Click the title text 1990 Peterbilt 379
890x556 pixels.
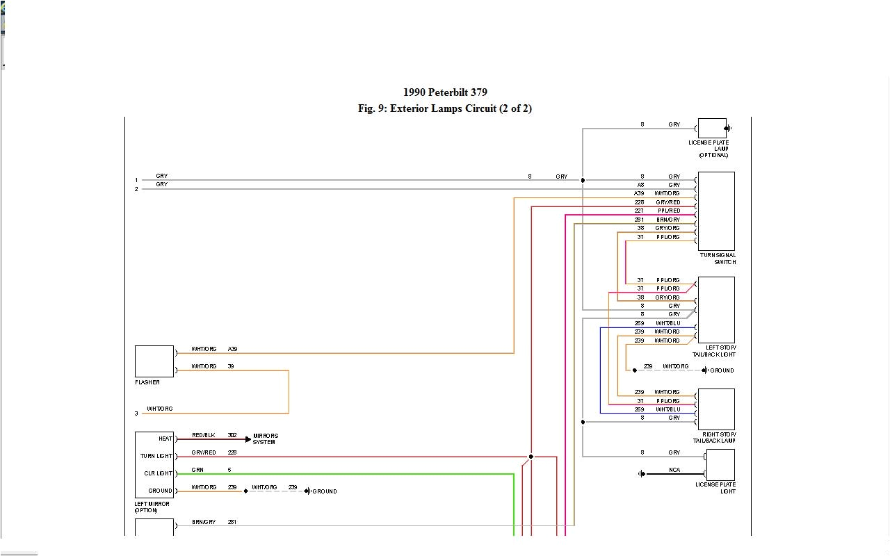(x=445, y=92)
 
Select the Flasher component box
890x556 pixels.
(x=154, y=361)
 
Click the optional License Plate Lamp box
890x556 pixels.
(x=712, y=128)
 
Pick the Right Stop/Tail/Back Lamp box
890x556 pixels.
(x=716, y=409)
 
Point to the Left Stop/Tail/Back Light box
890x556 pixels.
(x=716, y=309)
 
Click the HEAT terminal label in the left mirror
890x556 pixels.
(x=165, y=439)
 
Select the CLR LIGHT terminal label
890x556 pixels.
(x=159, y=473)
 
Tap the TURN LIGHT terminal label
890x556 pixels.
(x=156, y=456)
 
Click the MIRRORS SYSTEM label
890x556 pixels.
(x=266, y=439)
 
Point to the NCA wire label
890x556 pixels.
(x=674, y=471)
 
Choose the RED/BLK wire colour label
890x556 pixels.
(x=204, y=435)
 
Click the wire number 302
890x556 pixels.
(x=232, y=435)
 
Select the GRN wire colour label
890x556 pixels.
(x=197, y=470)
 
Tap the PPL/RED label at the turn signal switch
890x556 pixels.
(x=668, y=211)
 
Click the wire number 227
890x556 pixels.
(x=639, y=211)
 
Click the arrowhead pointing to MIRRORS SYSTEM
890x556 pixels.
(x=248, y=439)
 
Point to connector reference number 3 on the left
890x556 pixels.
(x=136, y=414)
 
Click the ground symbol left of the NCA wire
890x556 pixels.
(x=642, y=474)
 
